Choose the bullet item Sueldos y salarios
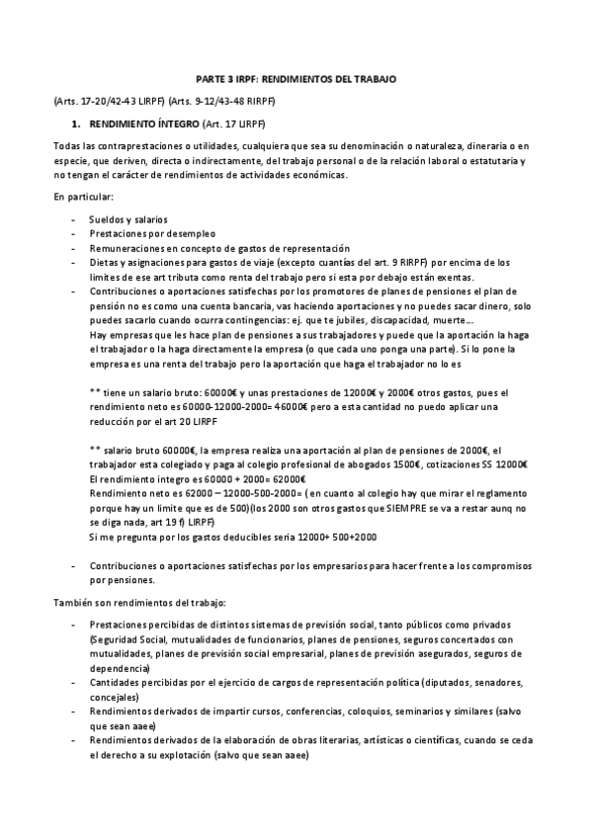click(127, 218)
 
